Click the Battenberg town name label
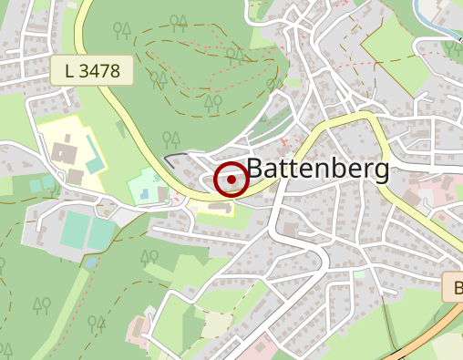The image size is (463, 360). click(x=318, y=170)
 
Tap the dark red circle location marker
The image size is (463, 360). click(x=231, y=180)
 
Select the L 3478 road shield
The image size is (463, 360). click(x=92, y=69)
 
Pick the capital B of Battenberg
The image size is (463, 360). click(x=256, y=170)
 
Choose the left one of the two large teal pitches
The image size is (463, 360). click(x=74, y=229)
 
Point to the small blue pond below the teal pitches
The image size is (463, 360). click(x=92, y=262)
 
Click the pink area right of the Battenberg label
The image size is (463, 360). click(x=421, y=193)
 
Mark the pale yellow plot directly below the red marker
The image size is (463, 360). click(x=219, y=209)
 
